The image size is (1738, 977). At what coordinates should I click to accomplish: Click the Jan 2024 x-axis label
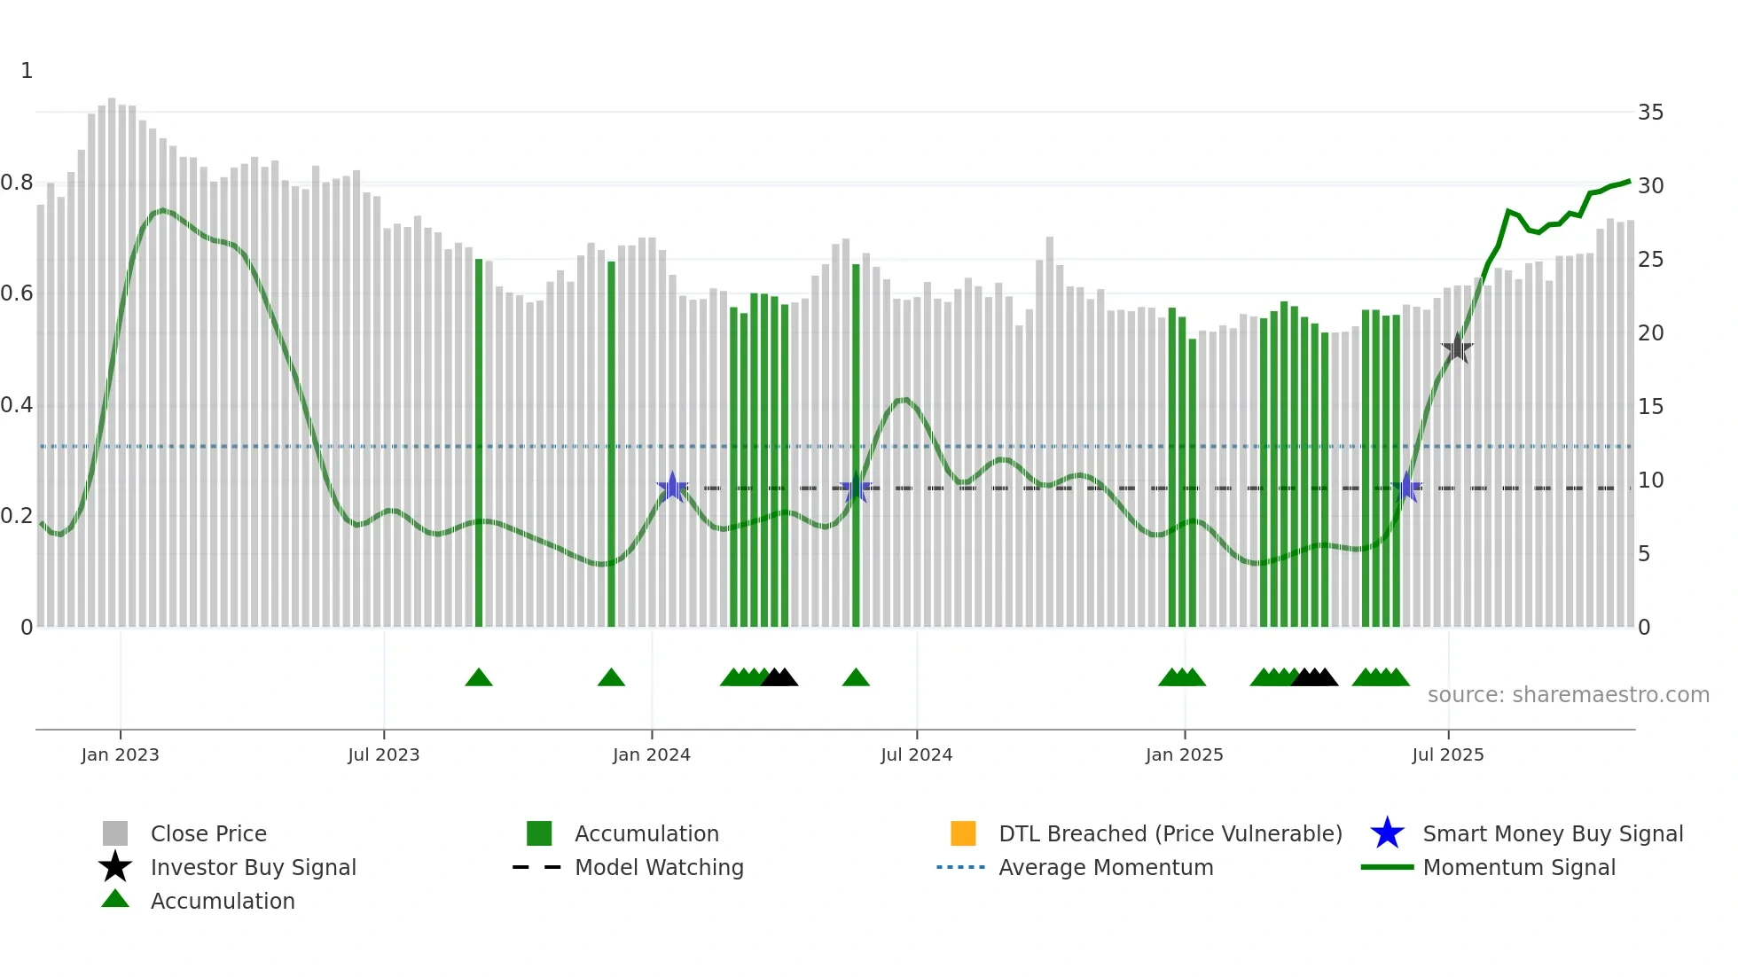[651, 754]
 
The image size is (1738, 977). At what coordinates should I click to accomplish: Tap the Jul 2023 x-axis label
[383, 754]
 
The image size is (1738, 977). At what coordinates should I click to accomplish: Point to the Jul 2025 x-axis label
[1447, 754]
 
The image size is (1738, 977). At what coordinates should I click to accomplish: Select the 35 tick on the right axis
[1650, 113]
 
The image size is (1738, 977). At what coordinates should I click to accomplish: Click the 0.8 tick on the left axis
[17, 183]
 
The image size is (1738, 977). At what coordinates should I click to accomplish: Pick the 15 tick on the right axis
[1650, 407]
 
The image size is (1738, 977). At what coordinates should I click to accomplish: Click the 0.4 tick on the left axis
[17, 405]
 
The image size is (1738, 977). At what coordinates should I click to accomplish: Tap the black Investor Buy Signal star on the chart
[1457, 348]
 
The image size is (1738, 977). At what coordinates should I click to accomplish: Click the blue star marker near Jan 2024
[672, 487]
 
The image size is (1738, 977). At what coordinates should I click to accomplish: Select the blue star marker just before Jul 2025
[1406, 488]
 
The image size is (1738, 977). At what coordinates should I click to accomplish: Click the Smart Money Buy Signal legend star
[1387, 833]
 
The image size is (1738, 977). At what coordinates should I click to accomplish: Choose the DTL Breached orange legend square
[963, 833]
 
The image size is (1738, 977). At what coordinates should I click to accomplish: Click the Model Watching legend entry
[658, 867]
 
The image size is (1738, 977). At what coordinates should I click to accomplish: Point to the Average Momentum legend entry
[1105, 867]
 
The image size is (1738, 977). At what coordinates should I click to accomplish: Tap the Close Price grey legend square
[115, 833]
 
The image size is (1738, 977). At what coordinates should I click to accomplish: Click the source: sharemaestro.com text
[1568, 695]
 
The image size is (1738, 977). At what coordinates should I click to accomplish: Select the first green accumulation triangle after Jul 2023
[479, 678]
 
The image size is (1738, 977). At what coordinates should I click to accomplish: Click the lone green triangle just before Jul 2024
[856, 678]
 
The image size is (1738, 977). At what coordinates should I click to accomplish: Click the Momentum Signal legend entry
[1518, 867]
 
